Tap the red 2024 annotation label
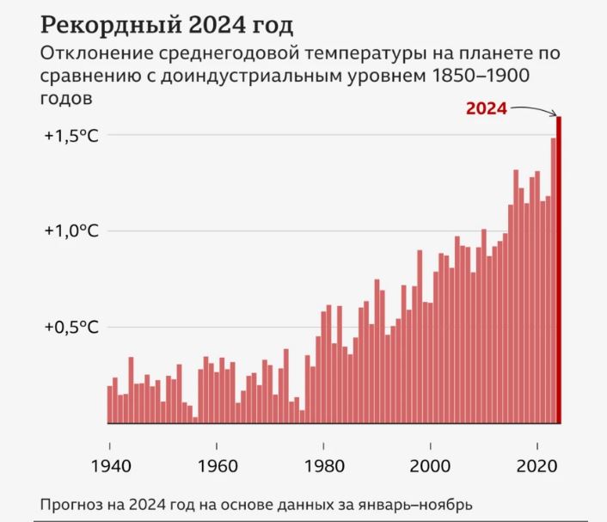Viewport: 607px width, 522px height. [486, 108]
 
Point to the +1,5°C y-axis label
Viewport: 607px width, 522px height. [71, 136]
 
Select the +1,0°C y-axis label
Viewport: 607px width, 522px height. [71, 231]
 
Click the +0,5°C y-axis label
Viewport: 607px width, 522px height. [71, 328]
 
